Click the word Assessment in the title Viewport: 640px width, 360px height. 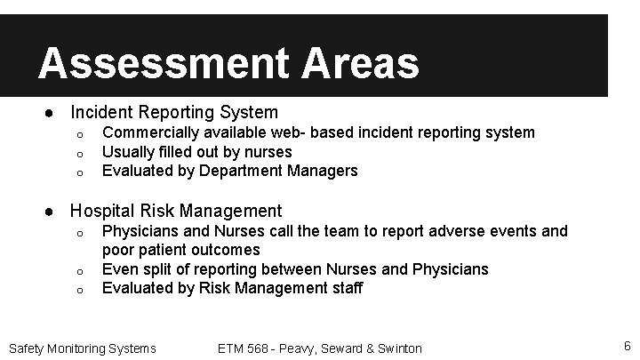click(x=164, y=64)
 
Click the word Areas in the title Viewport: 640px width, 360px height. click(x=360, y=64)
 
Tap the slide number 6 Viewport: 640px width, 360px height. click(x=627, y=346)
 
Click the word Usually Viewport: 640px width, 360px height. click(x=130, y=152)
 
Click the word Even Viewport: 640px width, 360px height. click(x=120, y=268)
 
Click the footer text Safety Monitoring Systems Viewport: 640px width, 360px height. click(x=82, y=348)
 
